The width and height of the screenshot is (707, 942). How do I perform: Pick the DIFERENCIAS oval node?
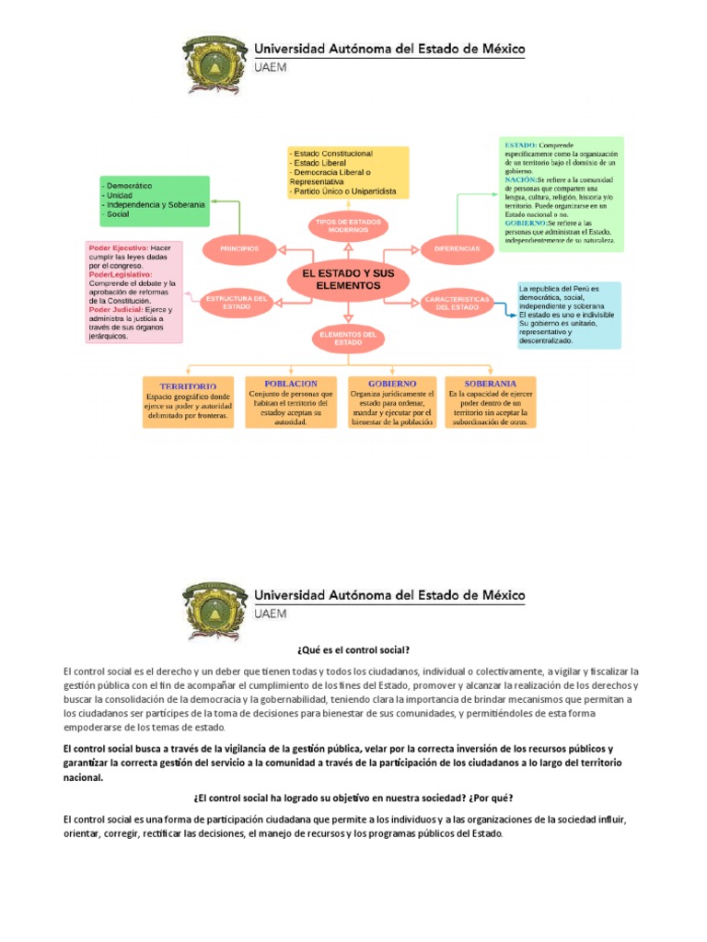pyautogui.click(x=457, y=248)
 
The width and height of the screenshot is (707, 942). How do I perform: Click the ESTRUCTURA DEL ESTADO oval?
pyautogui.click(x=237, y=302)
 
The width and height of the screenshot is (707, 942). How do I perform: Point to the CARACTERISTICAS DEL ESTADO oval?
pyautogui.click(x=457, y=303)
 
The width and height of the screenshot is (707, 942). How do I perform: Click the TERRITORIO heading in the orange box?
pyautogui.click(x=188, y=386)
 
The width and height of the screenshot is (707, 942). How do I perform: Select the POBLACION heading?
pyautogui.click(x=290, y=383)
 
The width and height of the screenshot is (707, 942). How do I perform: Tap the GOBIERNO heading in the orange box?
pyautogui.click(x=392, y=383)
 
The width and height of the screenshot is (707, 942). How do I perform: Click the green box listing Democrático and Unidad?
pyautogui.click(x=154, y=201)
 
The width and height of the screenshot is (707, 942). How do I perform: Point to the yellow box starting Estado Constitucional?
pyautogui.click(x=347, y=172)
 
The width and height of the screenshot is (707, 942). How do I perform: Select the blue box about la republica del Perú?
pyautogui.click(x=568, y=315)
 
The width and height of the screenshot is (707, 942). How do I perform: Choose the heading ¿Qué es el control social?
pyautogui.click(x=353, y=649)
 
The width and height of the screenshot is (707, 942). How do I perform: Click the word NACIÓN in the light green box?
pyautogui.click(x=521, y=179)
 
